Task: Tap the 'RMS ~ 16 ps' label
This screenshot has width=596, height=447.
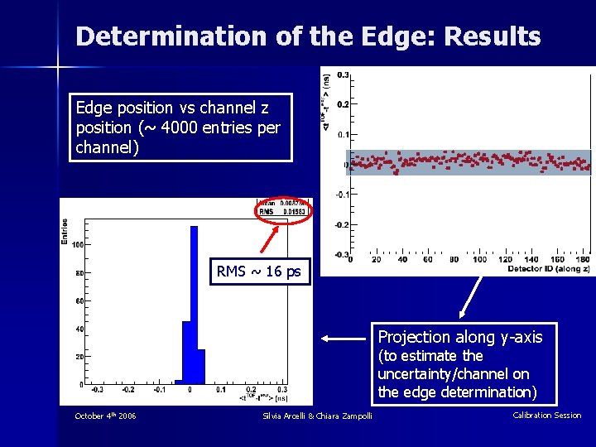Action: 259,272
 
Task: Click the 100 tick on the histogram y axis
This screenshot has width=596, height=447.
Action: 76,245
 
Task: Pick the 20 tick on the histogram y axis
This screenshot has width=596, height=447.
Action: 78,357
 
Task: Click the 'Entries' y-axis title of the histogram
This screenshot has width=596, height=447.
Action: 65,231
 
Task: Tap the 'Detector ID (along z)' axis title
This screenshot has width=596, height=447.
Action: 549,269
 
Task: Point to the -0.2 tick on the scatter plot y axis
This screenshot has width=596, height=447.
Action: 339,224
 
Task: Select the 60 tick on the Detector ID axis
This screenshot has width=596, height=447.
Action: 426,260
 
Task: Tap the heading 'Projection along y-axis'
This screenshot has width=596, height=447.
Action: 460,337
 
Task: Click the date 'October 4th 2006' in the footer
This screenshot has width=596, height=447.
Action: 105,416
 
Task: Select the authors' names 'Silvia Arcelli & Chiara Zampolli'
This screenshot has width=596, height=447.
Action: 317,416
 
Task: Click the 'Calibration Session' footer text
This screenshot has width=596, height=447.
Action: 546,416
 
